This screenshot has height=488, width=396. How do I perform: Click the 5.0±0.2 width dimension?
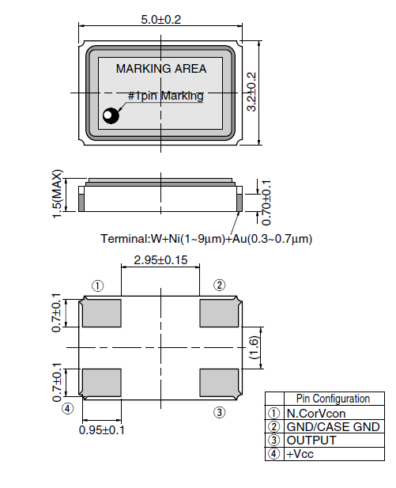(160, 20)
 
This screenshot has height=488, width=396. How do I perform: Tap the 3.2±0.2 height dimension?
(251, 92)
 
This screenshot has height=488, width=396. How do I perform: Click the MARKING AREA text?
(161, 69)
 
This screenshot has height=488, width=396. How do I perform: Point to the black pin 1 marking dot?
(111, 115)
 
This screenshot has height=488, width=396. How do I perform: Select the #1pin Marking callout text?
(166, 96)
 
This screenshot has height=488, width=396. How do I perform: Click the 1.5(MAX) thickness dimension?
(57, 194)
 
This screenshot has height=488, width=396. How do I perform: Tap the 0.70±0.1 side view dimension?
(266, 202)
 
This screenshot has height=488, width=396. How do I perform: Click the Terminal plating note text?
(206, 239)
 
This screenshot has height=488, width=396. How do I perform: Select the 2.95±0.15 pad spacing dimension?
(160, 260)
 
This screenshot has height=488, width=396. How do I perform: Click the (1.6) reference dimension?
(255, 347)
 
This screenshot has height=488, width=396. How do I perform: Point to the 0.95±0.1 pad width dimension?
(102, 430)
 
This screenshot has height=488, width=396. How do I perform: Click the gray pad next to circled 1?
(101, 313)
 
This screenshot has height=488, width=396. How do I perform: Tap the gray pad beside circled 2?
(219, 313)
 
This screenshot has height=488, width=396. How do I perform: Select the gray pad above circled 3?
(219, 383)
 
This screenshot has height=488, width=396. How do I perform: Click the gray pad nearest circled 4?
(101, 383)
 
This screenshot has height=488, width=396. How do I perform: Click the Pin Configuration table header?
(333, 399)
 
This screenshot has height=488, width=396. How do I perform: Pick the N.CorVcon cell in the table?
(316, 414)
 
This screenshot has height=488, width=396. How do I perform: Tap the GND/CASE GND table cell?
(334, 426)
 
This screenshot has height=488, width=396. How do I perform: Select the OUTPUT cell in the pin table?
(311, 441)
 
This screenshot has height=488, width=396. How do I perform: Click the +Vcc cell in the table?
(300, 454)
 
